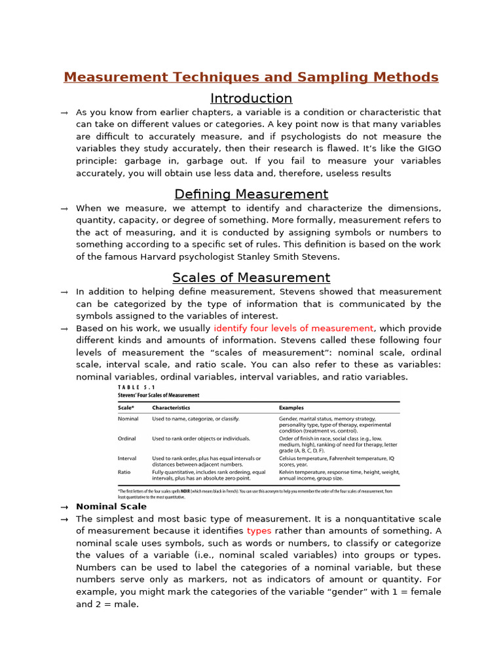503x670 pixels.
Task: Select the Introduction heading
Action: (251, 99)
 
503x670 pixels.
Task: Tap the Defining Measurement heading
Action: (251, 194)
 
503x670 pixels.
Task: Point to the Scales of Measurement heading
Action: (251, 277)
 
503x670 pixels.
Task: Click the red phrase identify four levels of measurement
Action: (293, 328)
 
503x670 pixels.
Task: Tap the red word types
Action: (259, 531)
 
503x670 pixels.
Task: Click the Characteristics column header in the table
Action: (171, 408)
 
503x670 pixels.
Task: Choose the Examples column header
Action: (291, 408)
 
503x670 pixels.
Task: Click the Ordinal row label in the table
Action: (127, 439)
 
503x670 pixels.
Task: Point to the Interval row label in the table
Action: (127, 459)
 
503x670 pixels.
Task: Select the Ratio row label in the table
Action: (124, 472)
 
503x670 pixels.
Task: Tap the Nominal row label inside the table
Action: (128, 419)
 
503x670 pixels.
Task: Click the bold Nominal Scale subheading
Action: (111, 506)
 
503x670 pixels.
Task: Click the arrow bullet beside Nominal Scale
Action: (64, 507)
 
